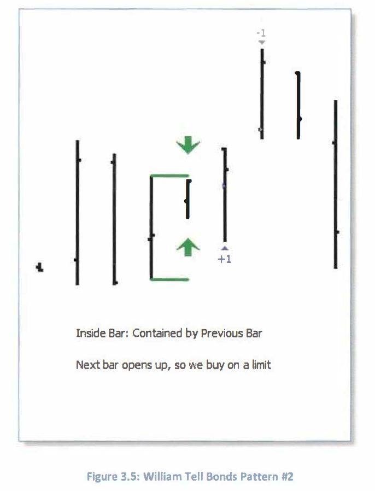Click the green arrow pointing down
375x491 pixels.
pyautogui.click(x=188, y=145)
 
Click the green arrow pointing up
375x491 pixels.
pyautogui.click(x=188, y=247)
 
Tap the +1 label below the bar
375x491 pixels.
pyautogui.click(x=225, y=259)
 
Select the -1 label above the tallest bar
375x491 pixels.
pyautogui.click(x=261, y=33)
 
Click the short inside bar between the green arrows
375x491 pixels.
pyautogui.click(x=188, y=199)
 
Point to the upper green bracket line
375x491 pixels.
pyautogui.click(x=169, y=176)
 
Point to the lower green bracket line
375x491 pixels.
pyautogui.click(x=169, y=279)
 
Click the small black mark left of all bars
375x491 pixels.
pyautogui.click(x=39, y=267)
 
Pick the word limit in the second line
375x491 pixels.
pyautogui.click(x=261, y=365)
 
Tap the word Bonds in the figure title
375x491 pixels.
pyautogui.click(x=221, y=477)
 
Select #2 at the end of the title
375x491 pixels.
pyautogui.click(x=288, y=477)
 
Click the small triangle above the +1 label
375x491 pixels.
pyautogui.click(x=225, y=249)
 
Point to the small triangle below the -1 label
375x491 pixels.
pyautogui.click(x=262, y=42)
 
